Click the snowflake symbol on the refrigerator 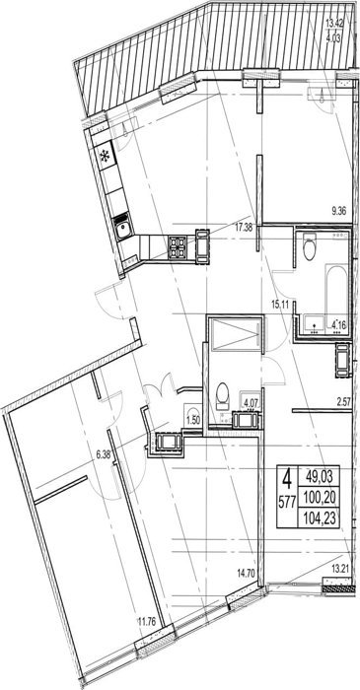point(106,156)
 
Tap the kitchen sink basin point(122,229)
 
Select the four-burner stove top point(178,247)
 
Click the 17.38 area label point(246,228)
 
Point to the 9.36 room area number point(339,211)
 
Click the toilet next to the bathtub point(310,247)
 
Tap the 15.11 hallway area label point(280,304)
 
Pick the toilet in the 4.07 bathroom point(222,394)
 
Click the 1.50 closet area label point(193,419)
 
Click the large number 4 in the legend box point(287,479)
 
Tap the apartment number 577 point(287,501)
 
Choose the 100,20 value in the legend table point(320,498)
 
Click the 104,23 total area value point(320,517)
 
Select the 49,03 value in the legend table point(320,476)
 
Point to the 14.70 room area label point(246,574)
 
